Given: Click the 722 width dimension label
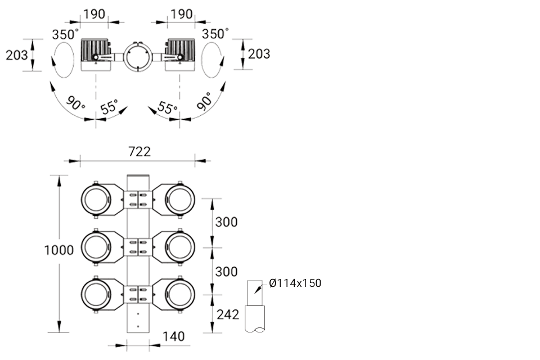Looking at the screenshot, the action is tap(139, 151).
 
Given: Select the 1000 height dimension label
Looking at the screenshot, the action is tap(59, 250).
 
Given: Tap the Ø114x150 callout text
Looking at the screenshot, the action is tap(295, 283).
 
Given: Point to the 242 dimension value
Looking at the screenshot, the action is tap(228, 314).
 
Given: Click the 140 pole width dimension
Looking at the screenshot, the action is tap(173, 336).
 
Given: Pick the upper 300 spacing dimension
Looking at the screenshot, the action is tap(226, 222).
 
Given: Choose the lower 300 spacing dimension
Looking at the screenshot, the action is tap(226, 272).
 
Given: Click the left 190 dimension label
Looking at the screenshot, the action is tap(94, 14).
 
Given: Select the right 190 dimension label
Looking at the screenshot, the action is tap(182, 14).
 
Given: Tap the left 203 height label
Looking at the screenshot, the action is tap(16, 55).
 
